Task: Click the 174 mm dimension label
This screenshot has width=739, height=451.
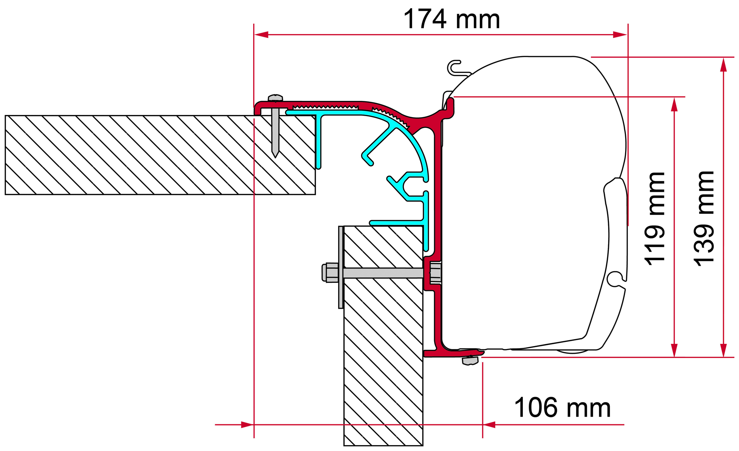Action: coord(452,19)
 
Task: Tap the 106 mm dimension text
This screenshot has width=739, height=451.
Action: coord(562,408)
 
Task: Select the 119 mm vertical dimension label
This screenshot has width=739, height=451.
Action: coord(655,218)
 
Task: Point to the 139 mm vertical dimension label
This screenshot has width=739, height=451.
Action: coord(704,218)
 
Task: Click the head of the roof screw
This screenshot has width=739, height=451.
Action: coord(275,98)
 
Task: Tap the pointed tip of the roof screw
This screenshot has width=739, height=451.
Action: coord(275,157)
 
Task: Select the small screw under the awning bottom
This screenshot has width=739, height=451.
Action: coord(470,360)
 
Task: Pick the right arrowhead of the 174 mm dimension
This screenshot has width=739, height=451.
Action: coord(620,35)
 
